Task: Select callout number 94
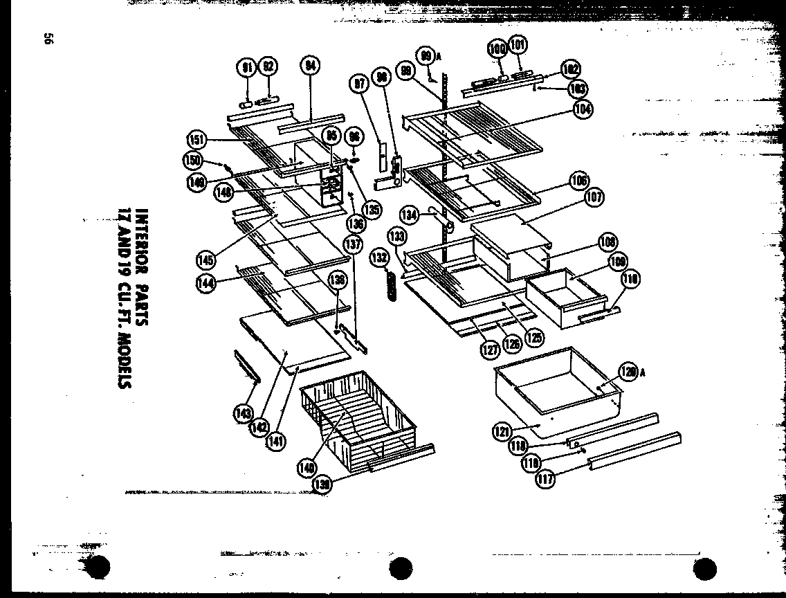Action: (309, 66)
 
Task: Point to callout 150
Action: (191, 160)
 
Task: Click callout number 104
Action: (583, 109)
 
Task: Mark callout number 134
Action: (410, 215)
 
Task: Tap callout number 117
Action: (547, 478)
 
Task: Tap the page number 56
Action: (48, 40)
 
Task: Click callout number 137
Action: (353, 244)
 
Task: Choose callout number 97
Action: (359, 84)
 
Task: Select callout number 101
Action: (517, 46)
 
